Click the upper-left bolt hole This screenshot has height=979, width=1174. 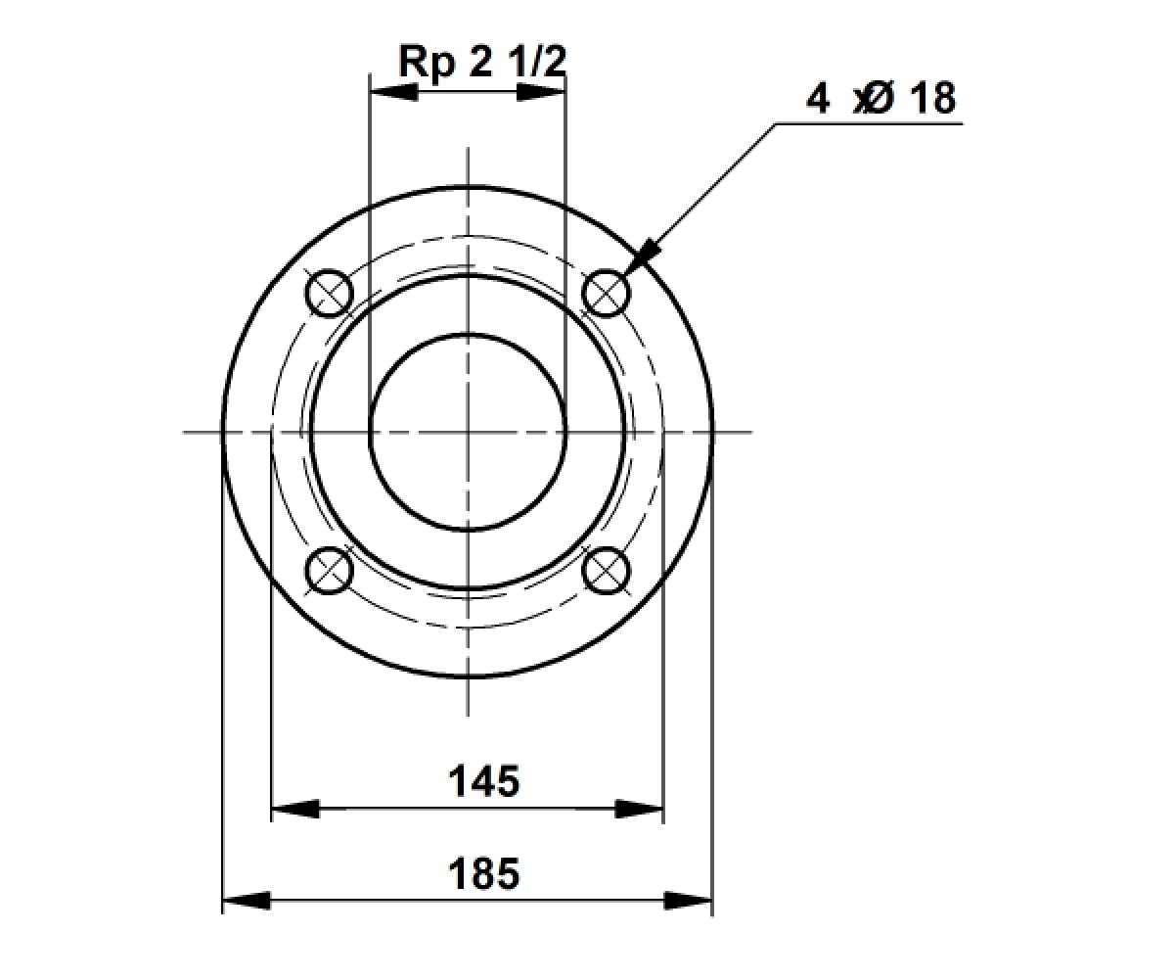[x=330, y=293]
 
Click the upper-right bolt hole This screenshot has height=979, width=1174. [x=606, y=293]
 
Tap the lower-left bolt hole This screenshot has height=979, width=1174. [x=330, y=570]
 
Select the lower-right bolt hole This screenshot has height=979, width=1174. [x=606, y=570]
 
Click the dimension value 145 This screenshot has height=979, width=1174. [x=483, y=781]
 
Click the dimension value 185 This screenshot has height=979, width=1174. [x=483, y=874]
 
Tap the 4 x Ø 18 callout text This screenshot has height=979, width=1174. [x=880, y=99]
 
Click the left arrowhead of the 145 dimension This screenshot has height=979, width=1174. [x=295, y=809]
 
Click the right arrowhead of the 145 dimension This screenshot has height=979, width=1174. [x=639, y=809]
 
